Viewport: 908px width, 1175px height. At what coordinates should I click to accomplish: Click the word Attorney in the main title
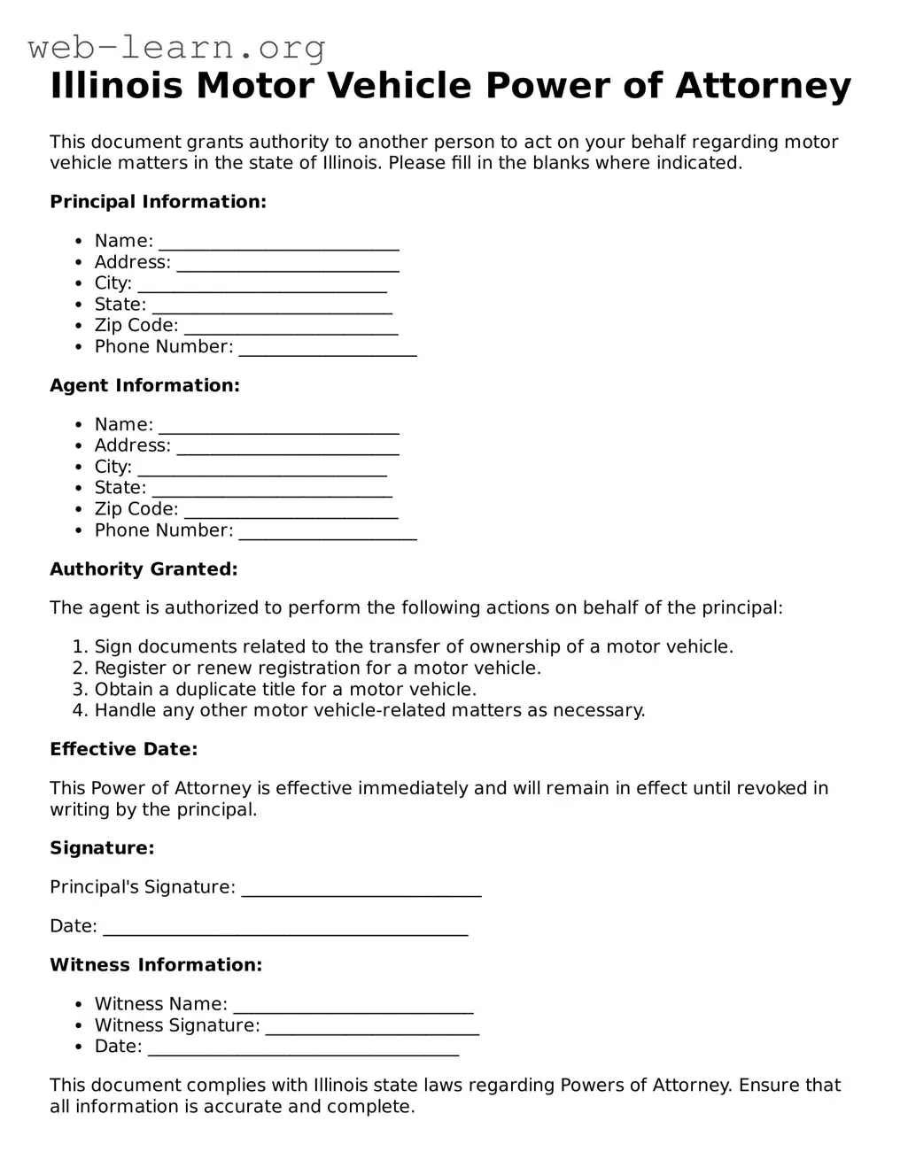point(763,86)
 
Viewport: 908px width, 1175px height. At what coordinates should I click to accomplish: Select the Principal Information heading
point(158,202)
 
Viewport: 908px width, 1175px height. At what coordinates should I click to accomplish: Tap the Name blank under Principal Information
point(279,243)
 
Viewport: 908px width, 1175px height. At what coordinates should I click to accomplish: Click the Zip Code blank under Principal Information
point(291,328)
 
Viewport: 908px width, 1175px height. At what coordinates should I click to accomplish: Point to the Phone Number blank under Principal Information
point(328,349)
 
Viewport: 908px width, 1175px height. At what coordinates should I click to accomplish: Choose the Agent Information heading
point(144,386)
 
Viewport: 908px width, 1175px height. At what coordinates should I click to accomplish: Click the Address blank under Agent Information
point(288,447)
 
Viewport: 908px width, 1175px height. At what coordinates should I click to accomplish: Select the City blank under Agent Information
point(262,468)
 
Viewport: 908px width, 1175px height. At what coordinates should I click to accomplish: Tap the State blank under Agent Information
point(272,490)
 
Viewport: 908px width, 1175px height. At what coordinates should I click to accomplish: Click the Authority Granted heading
point(144,569)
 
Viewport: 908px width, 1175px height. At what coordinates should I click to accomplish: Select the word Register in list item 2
point(130,669)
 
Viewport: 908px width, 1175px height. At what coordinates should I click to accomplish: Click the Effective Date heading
point(123,750)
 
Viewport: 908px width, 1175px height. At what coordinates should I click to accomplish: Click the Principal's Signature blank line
point(361,889)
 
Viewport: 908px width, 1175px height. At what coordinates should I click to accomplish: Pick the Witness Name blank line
point(353,1006)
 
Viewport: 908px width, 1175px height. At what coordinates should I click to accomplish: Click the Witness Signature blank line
point(372,1027)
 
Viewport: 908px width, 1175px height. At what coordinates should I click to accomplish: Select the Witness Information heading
point(156,965)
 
